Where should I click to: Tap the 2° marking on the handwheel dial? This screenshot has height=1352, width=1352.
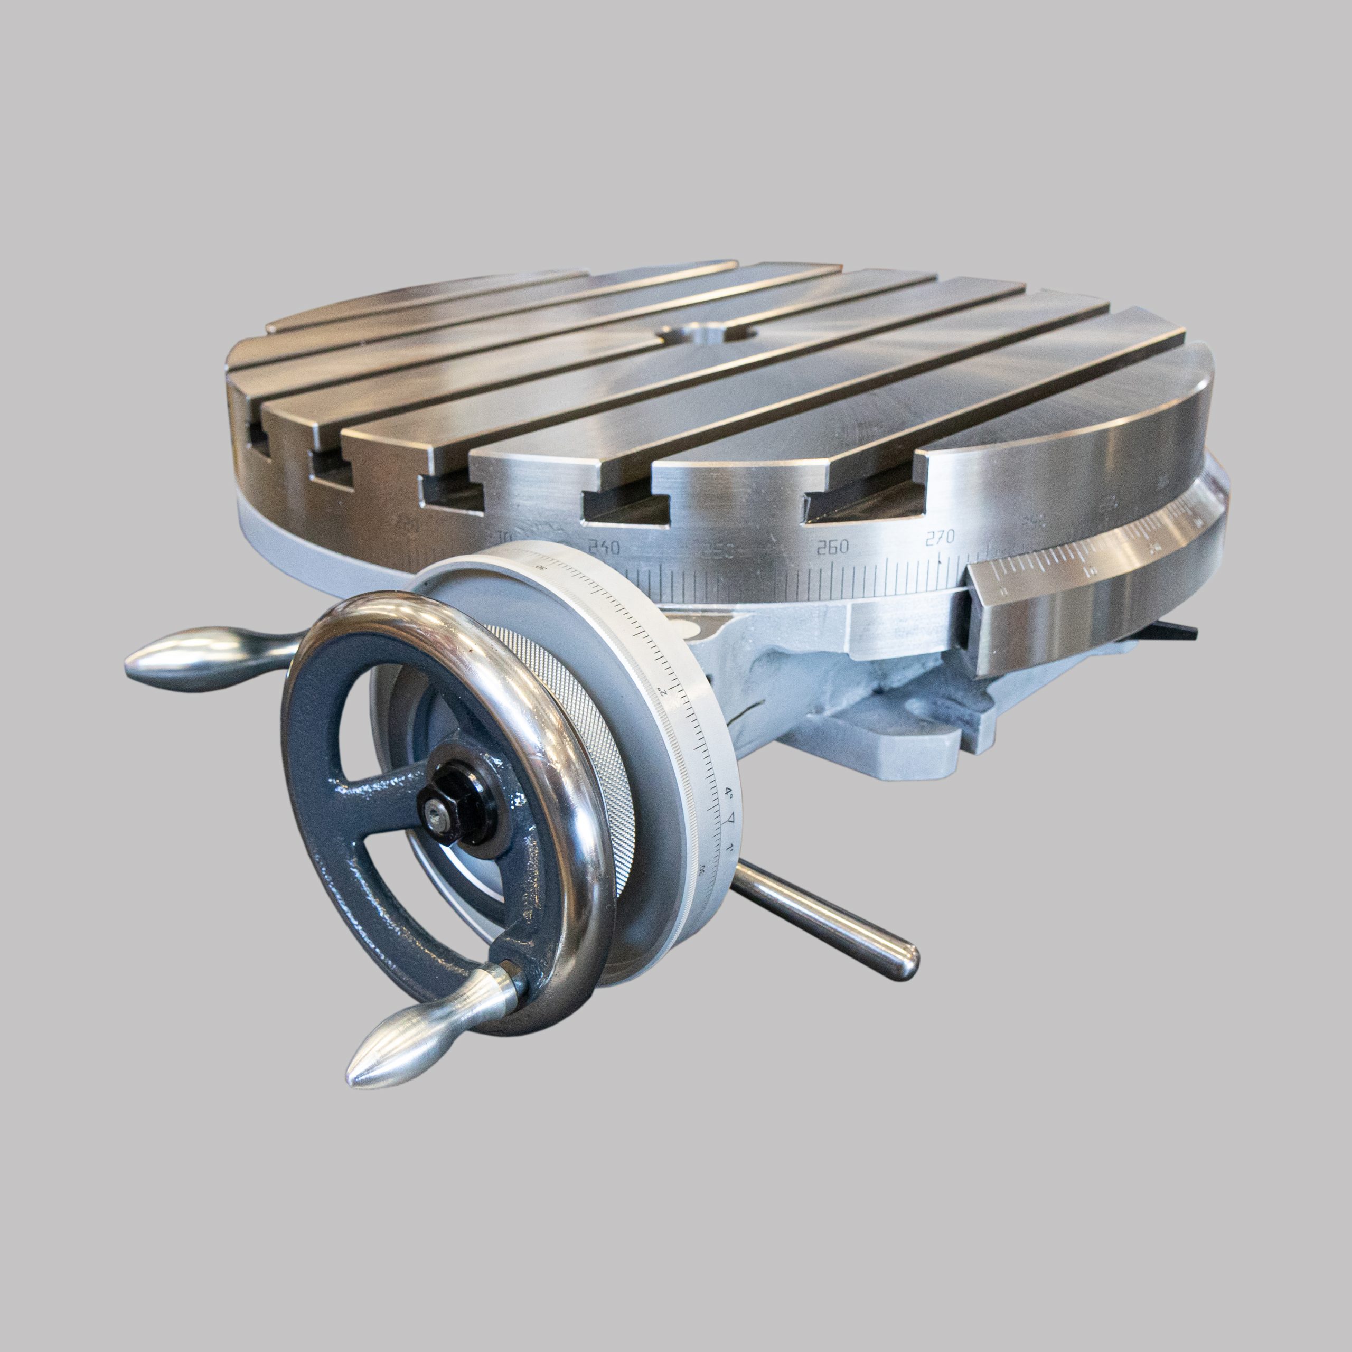coord(662,691)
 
